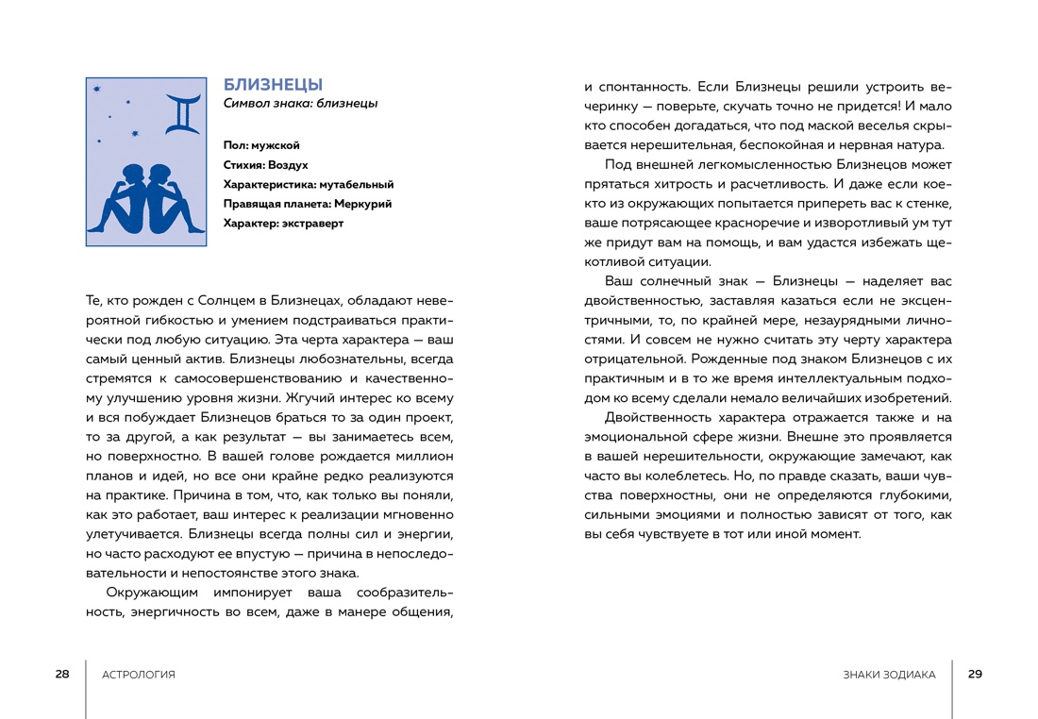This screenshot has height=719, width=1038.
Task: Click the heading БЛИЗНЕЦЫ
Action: [273, 85]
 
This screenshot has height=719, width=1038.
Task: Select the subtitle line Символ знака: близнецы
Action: [300, 104]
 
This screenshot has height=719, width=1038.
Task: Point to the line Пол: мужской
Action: [261, 145]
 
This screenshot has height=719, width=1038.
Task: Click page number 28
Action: [62, 674]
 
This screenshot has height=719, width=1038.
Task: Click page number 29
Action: [976, 674]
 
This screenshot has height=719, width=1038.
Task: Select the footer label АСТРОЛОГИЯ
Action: [138, 675]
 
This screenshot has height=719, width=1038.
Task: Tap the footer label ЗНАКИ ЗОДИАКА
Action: [890, 675]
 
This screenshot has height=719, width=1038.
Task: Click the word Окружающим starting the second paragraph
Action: [151, 593]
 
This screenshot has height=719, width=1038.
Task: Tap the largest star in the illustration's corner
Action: [98, 90]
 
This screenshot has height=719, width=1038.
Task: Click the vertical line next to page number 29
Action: [952, 688]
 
